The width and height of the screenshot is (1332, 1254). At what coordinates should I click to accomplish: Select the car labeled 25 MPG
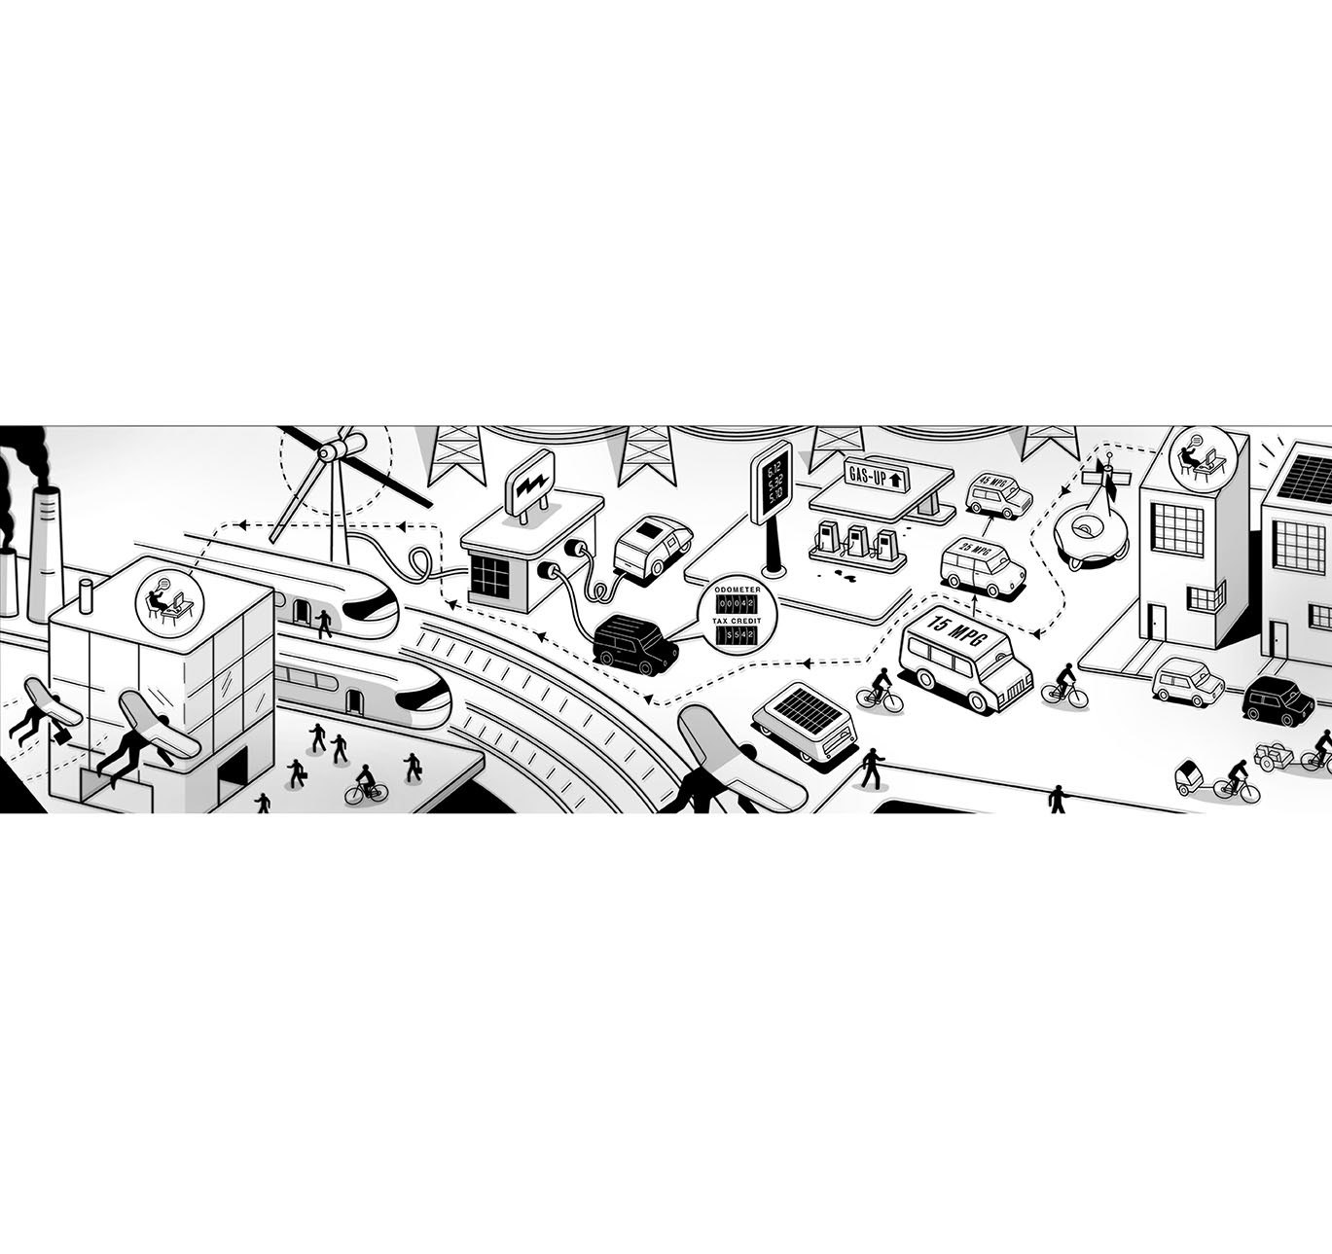(982, 564)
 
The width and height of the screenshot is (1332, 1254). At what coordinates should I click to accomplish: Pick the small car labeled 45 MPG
(998, 495)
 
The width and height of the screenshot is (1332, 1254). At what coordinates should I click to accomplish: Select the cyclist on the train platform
(366, 784)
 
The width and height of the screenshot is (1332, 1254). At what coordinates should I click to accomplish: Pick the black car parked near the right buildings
(1278, 699)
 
